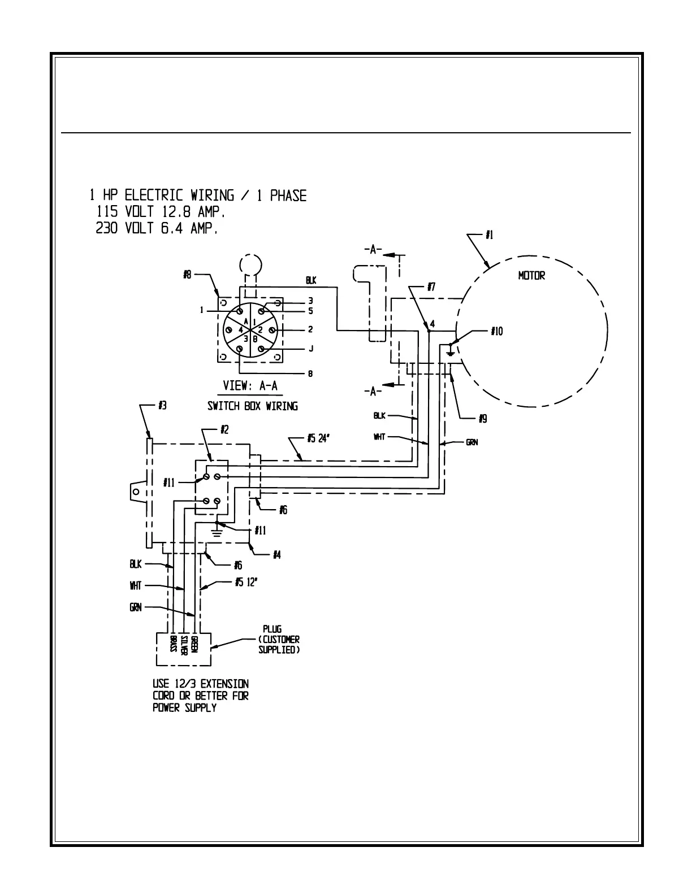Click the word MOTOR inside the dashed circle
[x=531, y=276]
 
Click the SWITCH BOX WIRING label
[x=252, y=406]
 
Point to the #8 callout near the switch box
[x=188, y=275]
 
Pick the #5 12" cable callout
[x=246, y=582]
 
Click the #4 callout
[x=276, y=555]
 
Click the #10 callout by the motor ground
[x=498, y=331]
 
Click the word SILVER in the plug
[x=184, y=645]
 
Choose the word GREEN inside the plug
[x=193, y=645]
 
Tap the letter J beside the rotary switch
[x=310, y=349]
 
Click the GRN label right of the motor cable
[x=472, y=442]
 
